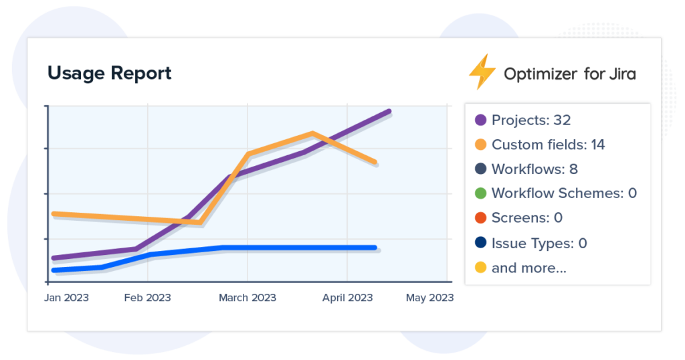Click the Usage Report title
[109, 73]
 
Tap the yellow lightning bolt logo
[482, 72]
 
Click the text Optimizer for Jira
[569, 74]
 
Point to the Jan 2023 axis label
[67, 298]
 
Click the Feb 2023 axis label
[147, 298]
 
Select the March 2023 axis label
[248, 298]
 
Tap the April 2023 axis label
[347, 298]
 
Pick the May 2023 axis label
[429, 298]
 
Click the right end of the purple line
[389, 112]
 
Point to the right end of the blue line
[374, 248]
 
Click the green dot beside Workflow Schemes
[480, 193]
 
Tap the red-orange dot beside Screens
[480, 218]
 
